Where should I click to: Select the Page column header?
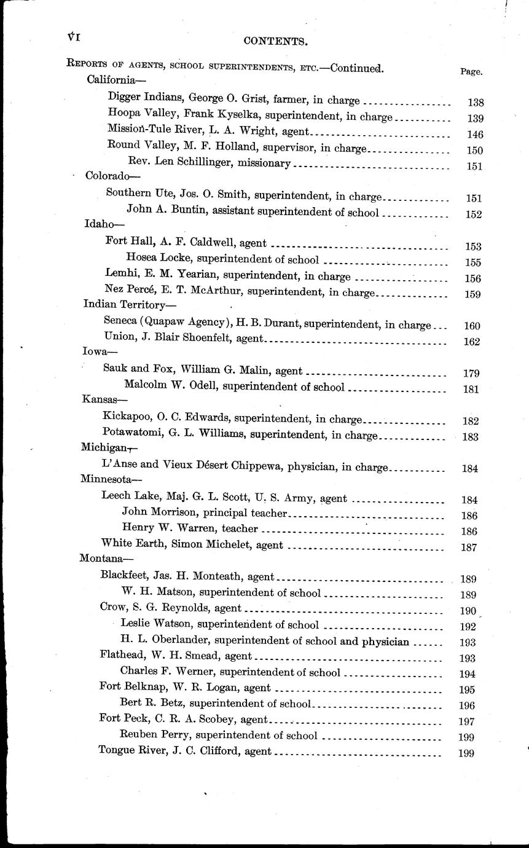tap(471, 71)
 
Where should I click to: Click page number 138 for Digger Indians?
tap(476, 103)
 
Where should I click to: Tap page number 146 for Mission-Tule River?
tap(475, 135)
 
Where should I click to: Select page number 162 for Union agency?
tap(472, 342)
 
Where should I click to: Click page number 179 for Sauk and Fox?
tap(471, 373)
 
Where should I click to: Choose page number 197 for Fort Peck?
tap(467, 721)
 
